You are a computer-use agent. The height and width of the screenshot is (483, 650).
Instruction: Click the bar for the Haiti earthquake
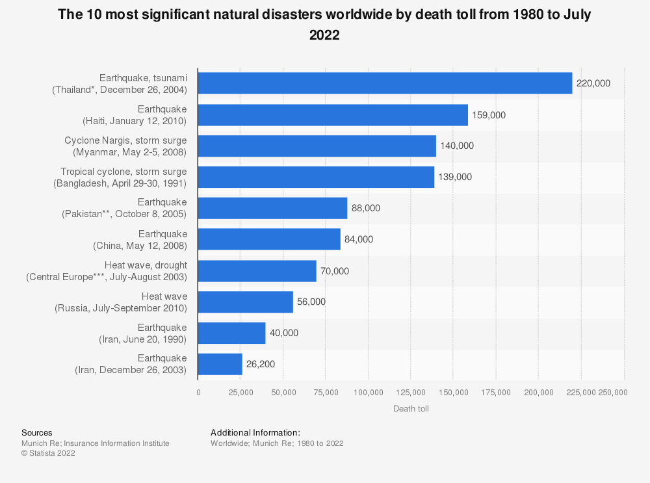coord(333,115)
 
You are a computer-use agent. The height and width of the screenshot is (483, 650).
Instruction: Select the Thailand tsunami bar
coord(385,83)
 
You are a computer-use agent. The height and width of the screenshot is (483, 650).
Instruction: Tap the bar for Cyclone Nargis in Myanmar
coord(317,146)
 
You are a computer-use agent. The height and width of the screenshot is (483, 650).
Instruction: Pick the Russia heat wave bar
coord(245,302)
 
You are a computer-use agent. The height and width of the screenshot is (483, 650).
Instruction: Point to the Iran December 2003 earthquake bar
coord(220,364)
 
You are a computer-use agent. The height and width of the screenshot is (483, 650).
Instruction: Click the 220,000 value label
coord(593,84)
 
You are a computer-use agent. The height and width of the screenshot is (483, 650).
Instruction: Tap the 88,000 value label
coord(366,208)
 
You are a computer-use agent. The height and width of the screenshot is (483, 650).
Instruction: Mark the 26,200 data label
coord(261,364)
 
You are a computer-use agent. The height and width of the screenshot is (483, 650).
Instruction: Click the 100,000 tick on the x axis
coord(369,392)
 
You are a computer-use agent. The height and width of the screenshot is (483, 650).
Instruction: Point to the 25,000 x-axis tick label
coord(240,392)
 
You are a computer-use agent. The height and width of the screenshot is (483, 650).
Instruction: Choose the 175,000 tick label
coord(496,392)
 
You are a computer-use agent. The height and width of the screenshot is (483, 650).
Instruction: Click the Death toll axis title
coord(411,408)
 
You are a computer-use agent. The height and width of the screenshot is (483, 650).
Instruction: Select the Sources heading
coord(37,432)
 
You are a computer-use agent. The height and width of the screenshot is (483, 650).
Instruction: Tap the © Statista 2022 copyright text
coord(48,454)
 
